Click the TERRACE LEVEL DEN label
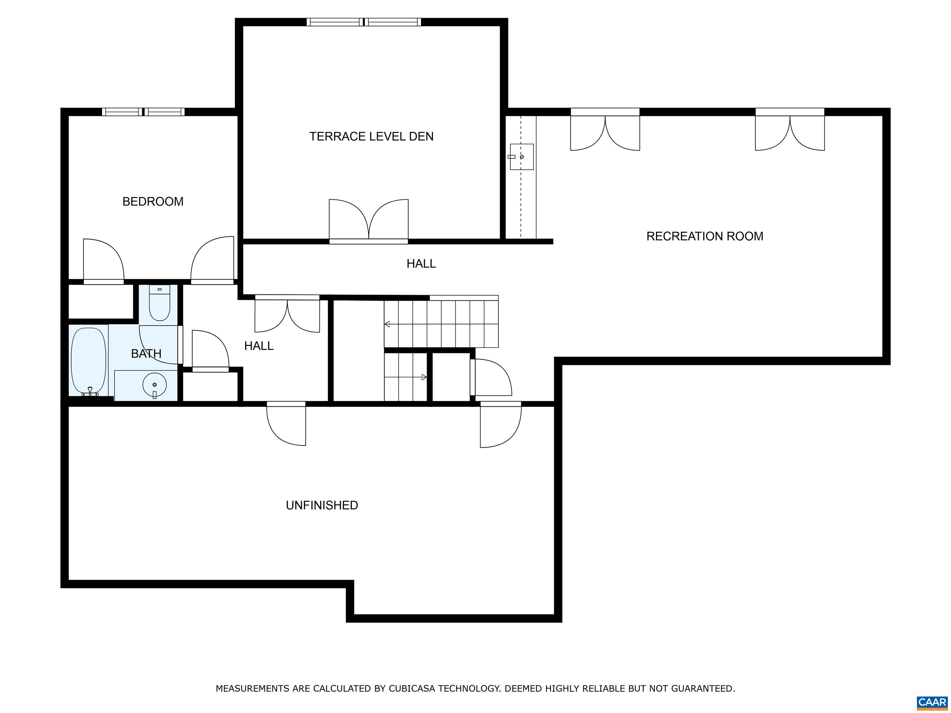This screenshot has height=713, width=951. (x=371, y=137)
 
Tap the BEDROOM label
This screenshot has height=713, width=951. (x=153, y=201)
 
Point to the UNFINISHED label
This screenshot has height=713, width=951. (x=322, y=505)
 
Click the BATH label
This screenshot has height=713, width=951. (x=146, y=354)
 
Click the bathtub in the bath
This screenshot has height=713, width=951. (x=89, y=361)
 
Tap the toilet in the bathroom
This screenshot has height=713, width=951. (x=159, y=303)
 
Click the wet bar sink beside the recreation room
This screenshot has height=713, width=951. (x=522, y=157)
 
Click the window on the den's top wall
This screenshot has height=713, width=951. (x=364, y=22)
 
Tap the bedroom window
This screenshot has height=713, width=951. (x=143, y=112)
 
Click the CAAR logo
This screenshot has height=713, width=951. (x=932, y=703)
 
